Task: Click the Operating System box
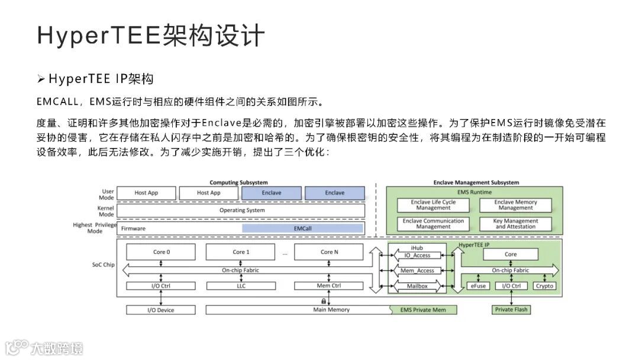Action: pyautogui.click(x=242, y=210)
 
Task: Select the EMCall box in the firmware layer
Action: pyautogui.click(x=302, y=228)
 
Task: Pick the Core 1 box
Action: pyautogui.click(x=241, y=252)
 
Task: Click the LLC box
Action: pyautogui.click(x=241, y=286)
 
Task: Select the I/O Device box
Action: pyautogui.click(x=160, y=310)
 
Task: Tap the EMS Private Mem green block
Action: pyautogui.click(x=423, y=310)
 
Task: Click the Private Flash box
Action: pyautogui.click(x=511, y=310)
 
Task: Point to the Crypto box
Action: pyautogui.click(x=544, y=286)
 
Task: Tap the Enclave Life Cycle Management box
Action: pyautogui.click(x=433, y=205)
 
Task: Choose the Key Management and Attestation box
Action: pyautogui.click(x=515, y=224)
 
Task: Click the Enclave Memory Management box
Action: pyautogui.click(x=515, y=205)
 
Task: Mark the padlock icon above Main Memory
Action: pyautogui.click(x=324, y=301)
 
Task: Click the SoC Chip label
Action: pyautogui.click(x=104, y=265)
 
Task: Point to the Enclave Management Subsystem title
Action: pyautogui.click(x=475, y=182)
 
